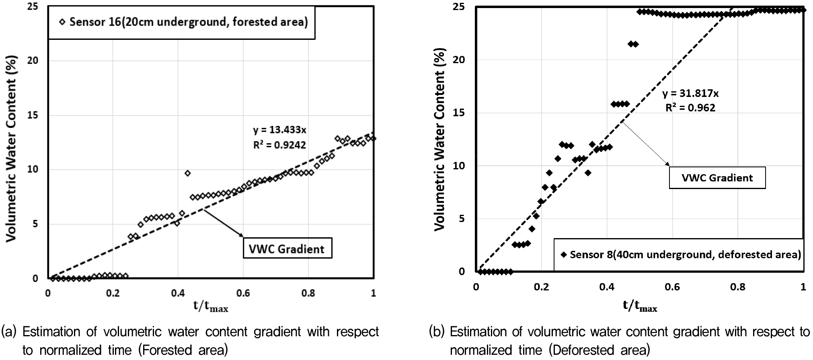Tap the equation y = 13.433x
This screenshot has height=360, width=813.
(279, 130)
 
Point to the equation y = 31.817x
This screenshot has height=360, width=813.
(690, 94)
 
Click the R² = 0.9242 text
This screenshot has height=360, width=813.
(279, 145)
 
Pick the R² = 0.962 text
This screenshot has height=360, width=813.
(690, 108)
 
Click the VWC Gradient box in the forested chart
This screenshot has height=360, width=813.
(287, 249)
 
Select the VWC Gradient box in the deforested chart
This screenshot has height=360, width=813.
(717, 178)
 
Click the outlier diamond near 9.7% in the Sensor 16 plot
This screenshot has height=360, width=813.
(187, 173)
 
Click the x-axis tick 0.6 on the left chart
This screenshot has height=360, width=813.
(243, 293)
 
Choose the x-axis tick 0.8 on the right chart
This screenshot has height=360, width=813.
(737, 287)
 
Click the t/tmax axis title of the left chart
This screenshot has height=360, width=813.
(211, 307)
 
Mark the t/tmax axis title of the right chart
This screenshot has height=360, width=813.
(640, 307)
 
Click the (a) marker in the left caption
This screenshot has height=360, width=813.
(9, 332)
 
